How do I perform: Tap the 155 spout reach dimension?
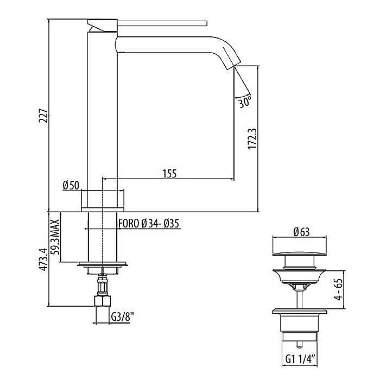(x=168, y=173)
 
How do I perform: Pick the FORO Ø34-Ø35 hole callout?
(x=149, y=223)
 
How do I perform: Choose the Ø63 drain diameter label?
(x=302, y=232)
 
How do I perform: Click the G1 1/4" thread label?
(x=301, y=359)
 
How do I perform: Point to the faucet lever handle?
(x=163, y=23)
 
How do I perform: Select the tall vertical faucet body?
(x=102, y=109)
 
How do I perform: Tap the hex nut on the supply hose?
(x=102, y=301)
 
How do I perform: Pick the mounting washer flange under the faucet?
(x=102, y=265)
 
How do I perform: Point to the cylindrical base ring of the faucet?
(x=102, y=200)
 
